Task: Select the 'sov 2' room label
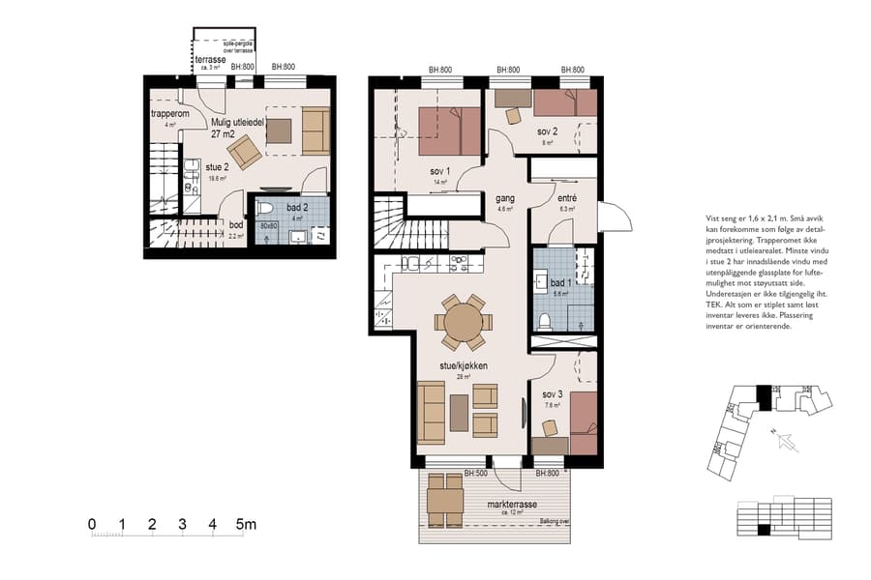[548, 131]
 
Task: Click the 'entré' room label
[567, 196]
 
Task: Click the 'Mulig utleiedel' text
[237, 122]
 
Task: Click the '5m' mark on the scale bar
[246, 525]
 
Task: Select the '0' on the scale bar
[92, 525]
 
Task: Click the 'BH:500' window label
[474, 473]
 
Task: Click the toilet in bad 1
[547, 321]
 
